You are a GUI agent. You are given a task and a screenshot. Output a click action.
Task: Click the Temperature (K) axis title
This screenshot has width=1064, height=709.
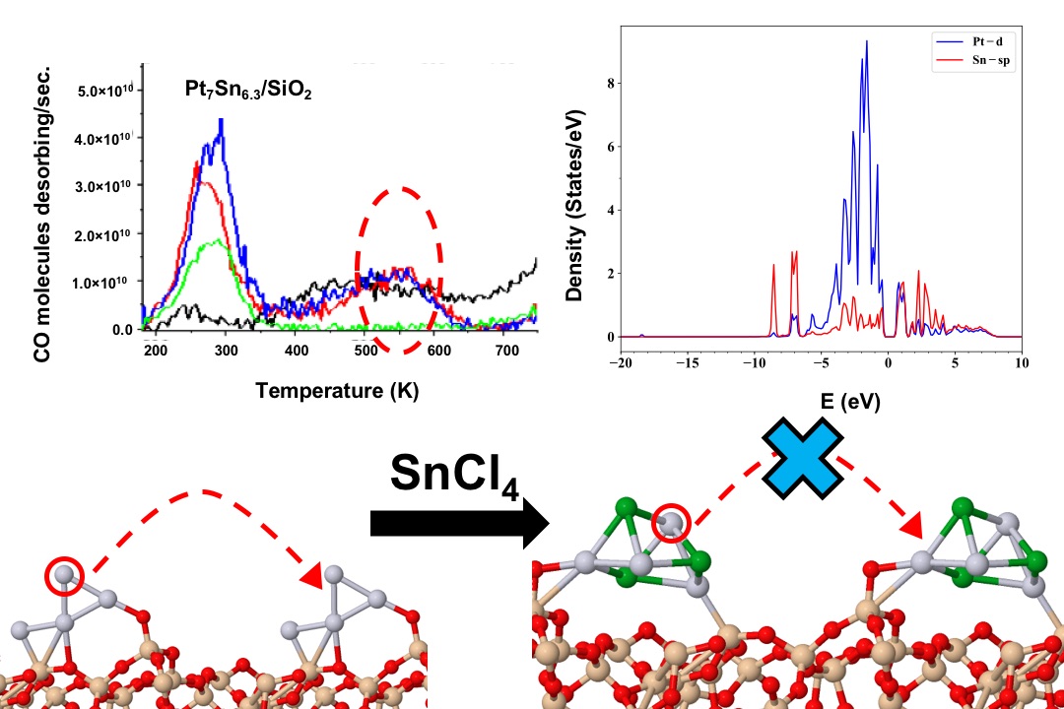click(337, 391)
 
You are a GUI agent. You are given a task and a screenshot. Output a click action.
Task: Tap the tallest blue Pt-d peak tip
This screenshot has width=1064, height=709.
click(866, 41)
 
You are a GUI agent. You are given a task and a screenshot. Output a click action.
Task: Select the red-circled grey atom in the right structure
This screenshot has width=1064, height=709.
click(671, 526)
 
